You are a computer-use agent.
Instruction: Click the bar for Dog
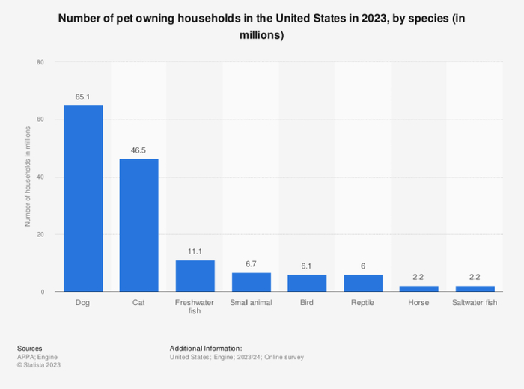pyautogui.click(x=83, y=198)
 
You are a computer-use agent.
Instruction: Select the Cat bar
pyautogui.click(x=139, y=225)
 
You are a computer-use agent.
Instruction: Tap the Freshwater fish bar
pyautogui.click(x=195, y=276)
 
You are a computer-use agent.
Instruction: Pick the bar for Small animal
pyautogui.click(x=252, y=282)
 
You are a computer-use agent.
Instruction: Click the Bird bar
pyautogui.click(x=307, y=283)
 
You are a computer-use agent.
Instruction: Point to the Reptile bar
pyautogui.click(x=363, y=283)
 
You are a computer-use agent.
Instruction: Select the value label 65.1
pyautogui.click(x=83, y=97)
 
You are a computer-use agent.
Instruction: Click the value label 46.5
pyautogui.click(x=139, y=150)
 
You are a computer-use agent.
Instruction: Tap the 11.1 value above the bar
pyautogui.click(x=195, y=252)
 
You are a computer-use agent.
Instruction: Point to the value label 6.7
pyautogui.click(x=252, y=264)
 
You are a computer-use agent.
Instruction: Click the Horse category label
pyautogui.click(x=419, y=303)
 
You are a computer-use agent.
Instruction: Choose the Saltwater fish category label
pyautogui.click(x=475, y=303)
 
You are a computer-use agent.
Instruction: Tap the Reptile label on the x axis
pyautogui.click(x=363, y=303)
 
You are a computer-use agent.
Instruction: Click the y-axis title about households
pyautogui.click(x=28, y=177)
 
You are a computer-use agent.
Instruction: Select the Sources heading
pyautogui.click(x=29, y=348)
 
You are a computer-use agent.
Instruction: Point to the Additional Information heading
pyautogui.click(x=206, y=348)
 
